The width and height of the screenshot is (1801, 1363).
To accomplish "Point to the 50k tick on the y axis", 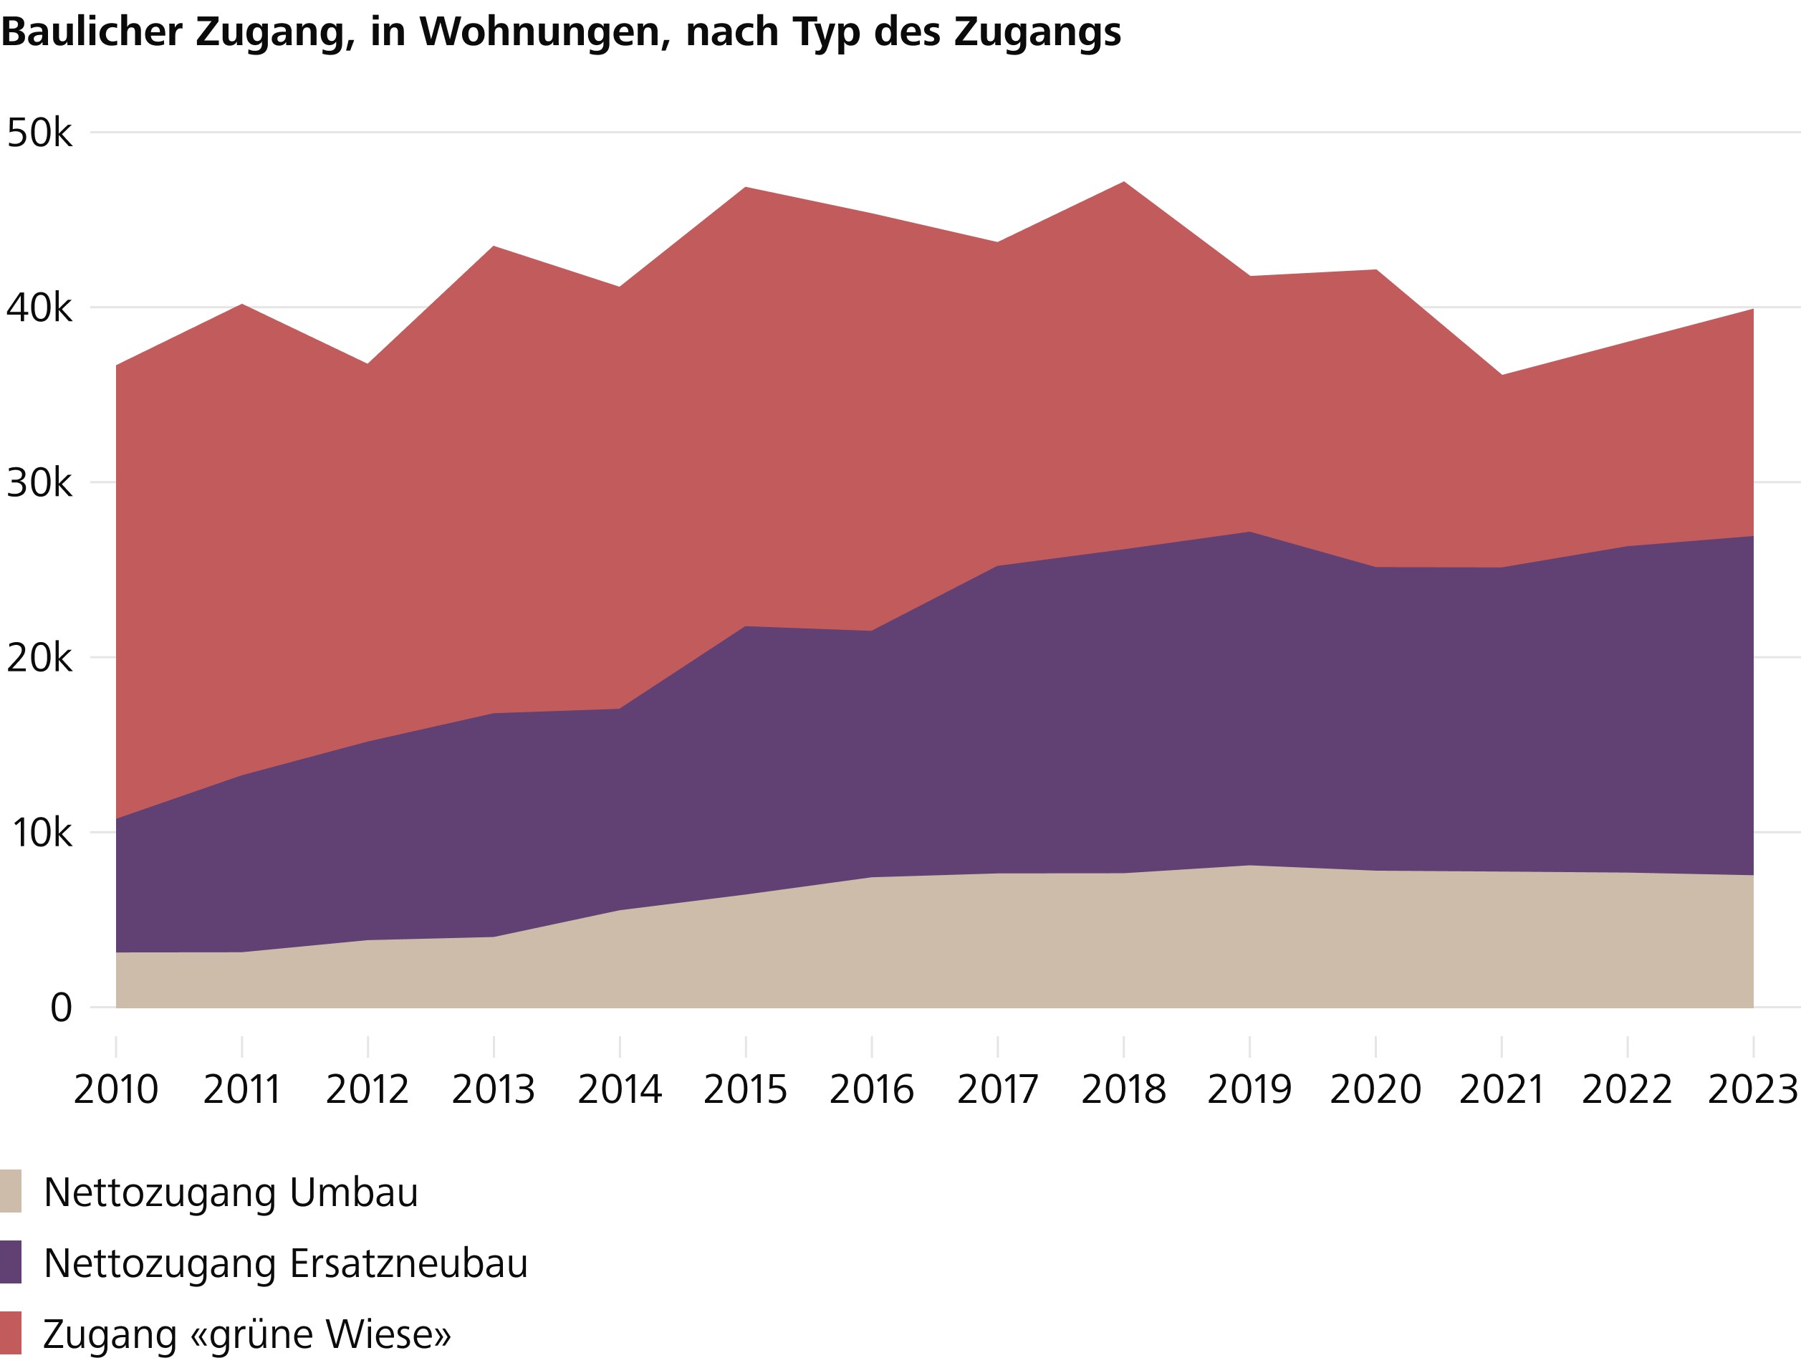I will point(39,133).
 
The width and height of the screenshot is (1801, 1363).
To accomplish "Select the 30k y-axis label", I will point(39,484).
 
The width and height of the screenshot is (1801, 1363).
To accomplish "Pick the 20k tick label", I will point(39,659).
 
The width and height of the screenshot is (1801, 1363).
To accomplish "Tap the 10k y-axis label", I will point(41,833).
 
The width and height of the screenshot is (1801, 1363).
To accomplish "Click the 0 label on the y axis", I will point(61,1009).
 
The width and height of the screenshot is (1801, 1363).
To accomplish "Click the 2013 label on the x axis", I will point(494,1090).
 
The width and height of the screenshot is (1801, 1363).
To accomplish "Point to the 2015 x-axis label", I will point(745,1090).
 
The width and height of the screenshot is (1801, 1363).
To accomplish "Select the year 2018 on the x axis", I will point(1123,1090).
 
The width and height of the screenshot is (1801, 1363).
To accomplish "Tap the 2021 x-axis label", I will point(1502,1090).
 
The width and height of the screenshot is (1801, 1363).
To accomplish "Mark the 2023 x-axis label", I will point(1752,1090).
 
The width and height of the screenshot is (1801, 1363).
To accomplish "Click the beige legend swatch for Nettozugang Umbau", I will point(11,1192).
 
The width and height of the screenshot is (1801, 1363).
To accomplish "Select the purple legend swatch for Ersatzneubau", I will point(11,1263).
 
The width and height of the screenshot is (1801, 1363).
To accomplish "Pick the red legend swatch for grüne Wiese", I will point(11,1334).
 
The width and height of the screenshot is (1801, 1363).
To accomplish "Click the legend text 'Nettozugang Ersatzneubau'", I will point(286,1263).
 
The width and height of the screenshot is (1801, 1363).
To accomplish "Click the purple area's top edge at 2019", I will point(1250,532).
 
